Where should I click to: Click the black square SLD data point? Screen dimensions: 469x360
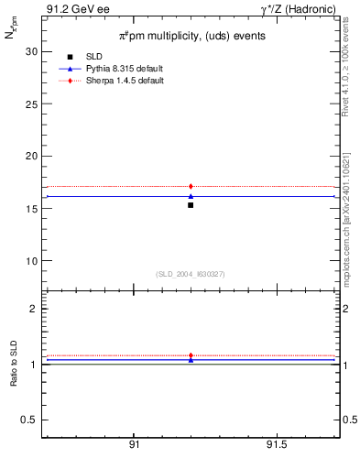pos(191,204)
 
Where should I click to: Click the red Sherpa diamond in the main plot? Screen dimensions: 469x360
pos(191,187)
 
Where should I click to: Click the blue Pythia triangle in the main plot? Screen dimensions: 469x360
pos(191,196)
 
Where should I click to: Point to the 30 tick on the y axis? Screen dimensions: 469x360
pos(31,51)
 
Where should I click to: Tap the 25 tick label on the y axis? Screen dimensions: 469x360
pos(31,104)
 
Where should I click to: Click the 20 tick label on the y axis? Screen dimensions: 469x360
pos(31,156)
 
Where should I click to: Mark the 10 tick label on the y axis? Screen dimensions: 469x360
pos(31,260)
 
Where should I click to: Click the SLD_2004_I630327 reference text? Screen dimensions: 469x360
pos(191,274)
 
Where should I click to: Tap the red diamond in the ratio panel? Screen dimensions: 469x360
pos(191,355)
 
